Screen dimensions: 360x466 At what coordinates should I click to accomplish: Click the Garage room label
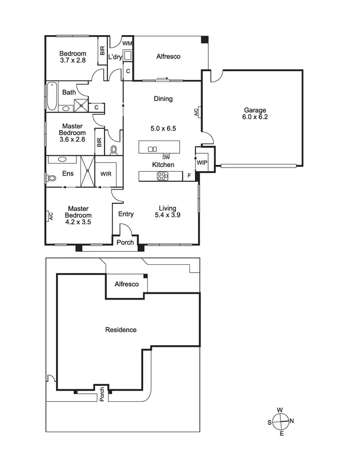click(255, 110)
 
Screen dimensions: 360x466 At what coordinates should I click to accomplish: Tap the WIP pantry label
click(202, 162)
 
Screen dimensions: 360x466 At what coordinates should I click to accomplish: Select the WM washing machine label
click(127, 44)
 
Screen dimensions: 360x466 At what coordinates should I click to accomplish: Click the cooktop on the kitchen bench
click(162, 176)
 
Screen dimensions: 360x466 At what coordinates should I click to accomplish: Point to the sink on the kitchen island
click(152, 149)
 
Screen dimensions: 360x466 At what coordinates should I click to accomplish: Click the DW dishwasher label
click(166, 157)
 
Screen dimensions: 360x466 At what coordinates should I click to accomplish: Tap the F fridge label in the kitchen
click(189, 176)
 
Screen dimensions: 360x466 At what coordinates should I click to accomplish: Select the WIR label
click(106, 174)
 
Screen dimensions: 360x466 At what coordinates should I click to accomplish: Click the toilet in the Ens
click(51, 178)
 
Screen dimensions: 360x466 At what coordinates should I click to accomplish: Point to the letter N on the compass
click(292, 421)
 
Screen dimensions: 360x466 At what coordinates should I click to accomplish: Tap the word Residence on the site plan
click(121, 330)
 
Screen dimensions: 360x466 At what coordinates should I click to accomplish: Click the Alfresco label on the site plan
click(127, 284)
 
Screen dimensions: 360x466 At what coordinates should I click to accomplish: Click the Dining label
click(163, 99)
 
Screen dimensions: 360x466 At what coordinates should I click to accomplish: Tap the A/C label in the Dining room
click(197, 113)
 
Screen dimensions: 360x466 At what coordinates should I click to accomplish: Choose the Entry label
click(126, 214)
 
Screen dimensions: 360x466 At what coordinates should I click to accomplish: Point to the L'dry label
click(115, 57)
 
